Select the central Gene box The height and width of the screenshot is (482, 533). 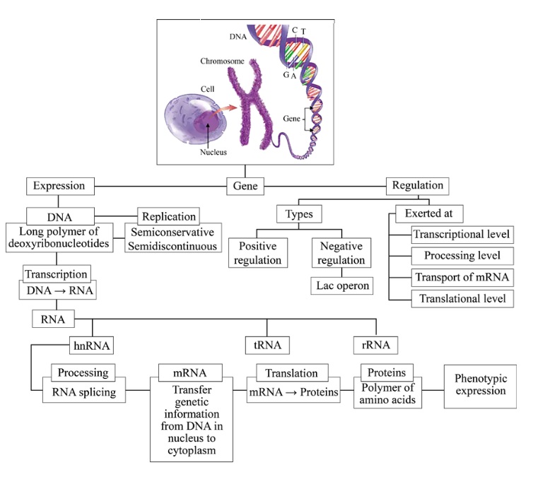(245, 187)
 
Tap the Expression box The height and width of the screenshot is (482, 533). (59, 187)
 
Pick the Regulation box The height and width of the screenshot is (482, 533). (418, 186)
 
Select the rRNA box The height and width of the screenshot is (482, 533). (375, 346)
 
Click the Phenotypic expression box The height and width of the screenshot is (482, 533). (480, 386)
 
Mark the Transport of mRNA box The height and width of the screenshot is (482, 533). (462, 277)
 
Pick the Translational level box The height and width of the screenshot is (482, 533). (462, 298)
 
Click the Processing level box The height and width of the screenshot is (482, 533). (462, 256)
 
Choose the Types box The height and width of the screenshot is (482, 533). (298, 213)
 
